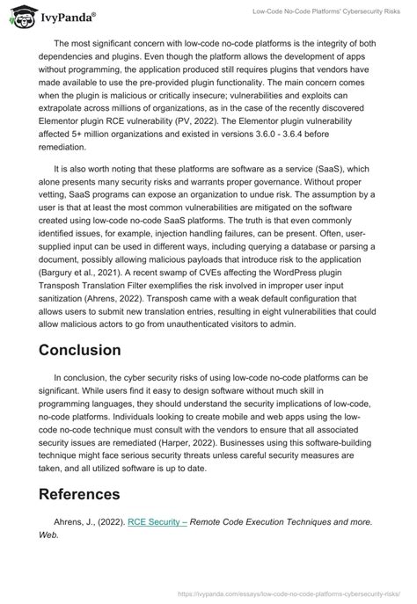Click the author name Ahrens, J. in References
pyautogui.click(x=73, y=521)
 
